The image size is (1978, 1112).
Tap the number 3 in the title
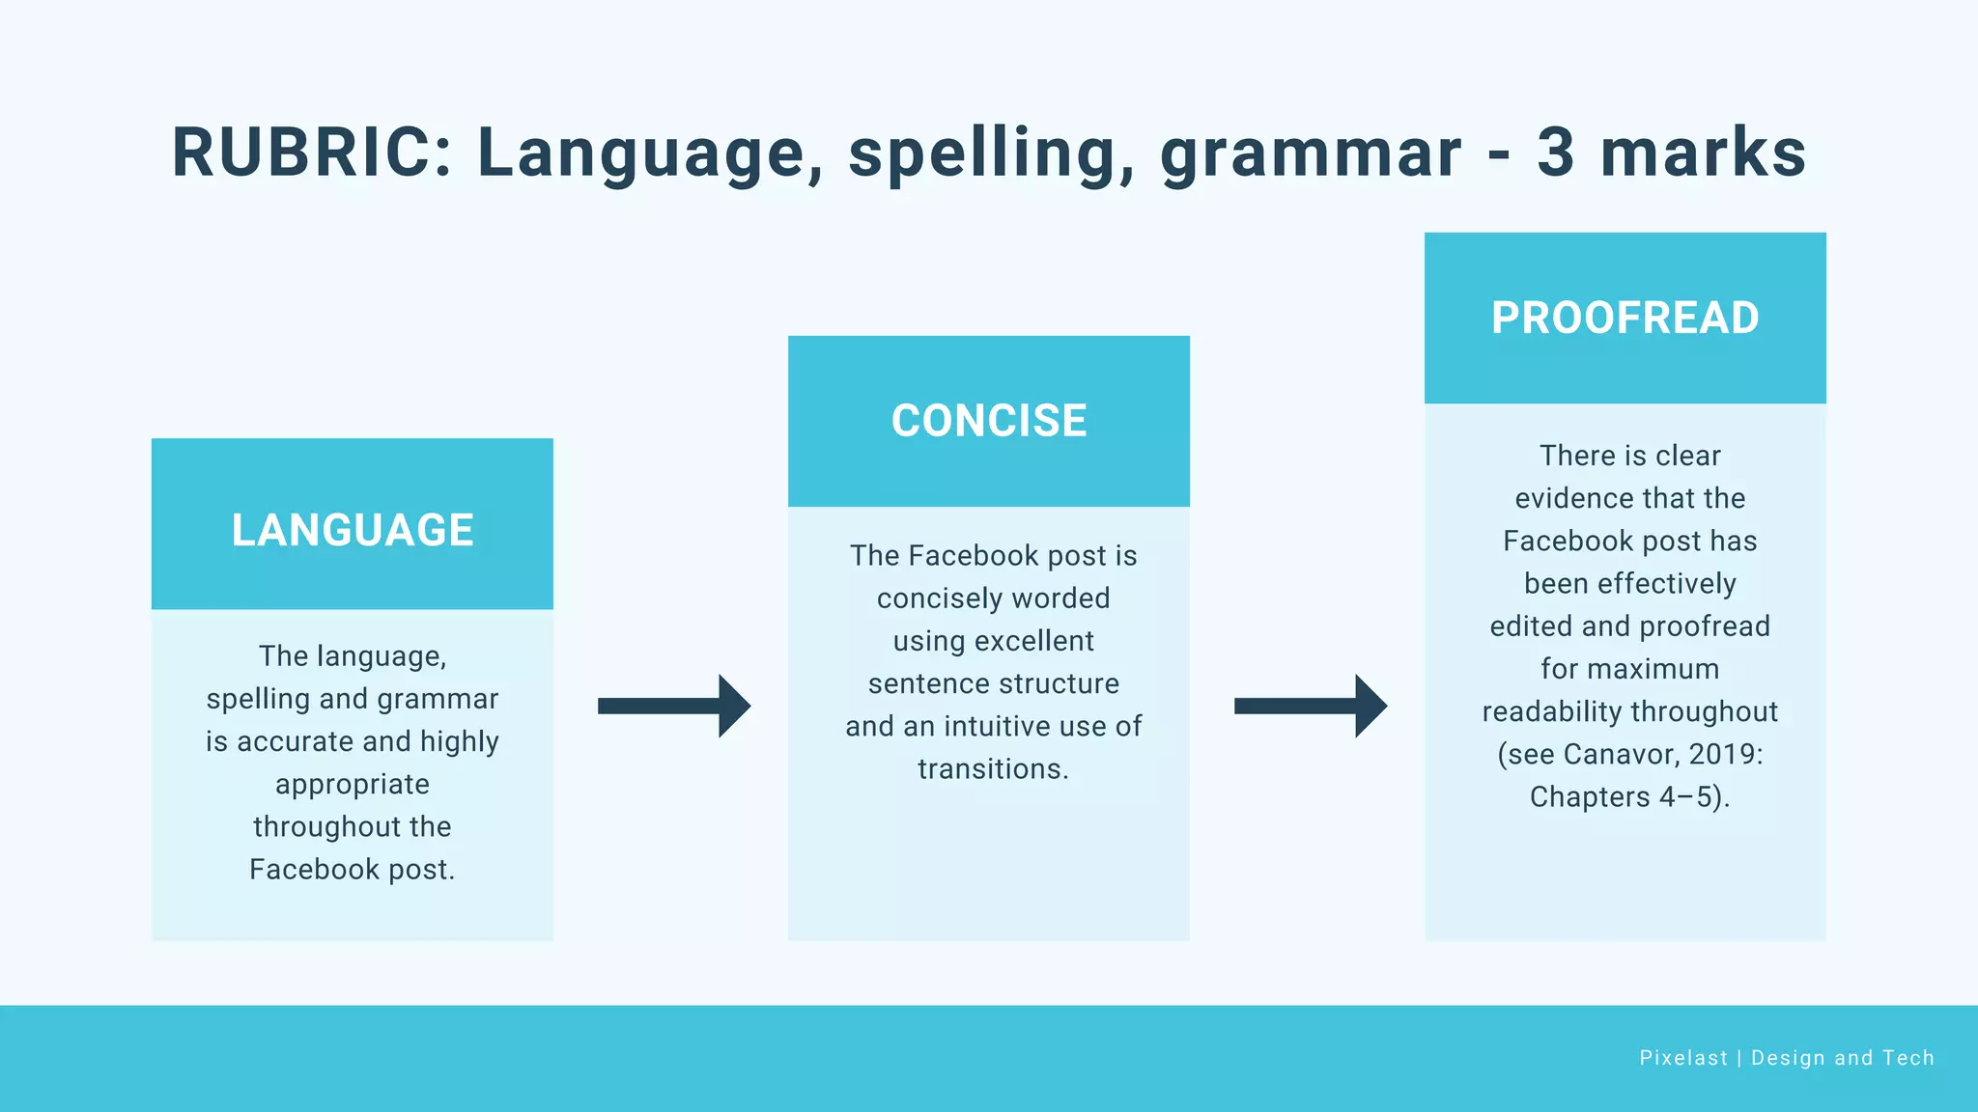coord(1555,153)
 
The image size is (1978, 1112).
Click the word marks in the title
coord(1703,153)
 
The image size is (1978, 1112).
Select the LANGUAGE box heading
coord(353,530)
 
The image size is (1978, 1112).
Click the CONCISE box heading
coord(989,421)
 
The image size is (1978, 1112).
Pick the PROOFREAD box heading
coord(1625,318)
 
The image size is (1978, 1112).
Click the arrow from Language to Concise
coord(673,706)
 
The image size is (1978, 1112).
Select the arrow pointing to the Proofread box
coord(1310,706)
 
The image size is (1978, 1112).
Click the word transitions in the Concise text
coord(993,769)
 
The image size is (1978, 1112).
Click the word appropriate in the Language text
coord(353,785)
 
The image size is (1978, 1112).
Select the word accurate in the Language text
coord(296,741)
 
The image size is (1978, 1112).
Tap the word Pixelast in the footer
coord(1682,1058)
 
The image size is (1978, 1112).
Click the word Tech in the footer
coord(1908,1058)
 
